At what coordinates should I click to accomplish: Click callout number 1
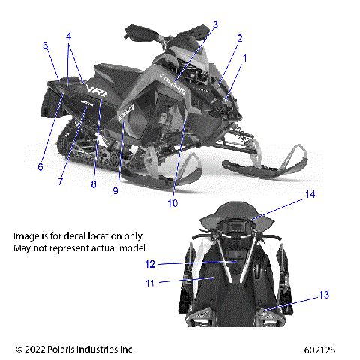[x=242, y=57]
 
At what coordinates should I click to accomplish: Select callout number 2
[x=240, y=38]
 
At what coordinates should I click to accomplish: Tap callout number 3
[x=215, y=25]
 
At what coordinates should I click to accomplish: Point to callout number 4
[x=68, y=36]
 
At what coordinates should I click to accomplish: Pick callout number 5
[x=45, y=46]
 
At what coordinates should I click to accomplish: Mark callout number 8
[x=94, y=184]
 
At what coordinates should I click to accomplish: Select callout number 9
[x=115, y=190]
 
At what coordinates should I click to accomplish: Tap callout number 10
[x=172, y=202]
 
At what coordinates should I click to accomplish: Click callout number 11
[x=149, y=283]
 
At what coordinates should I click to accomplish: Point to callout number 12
[x=150, y=263]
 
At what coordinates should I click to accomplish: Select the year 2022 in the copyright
[x=34, y=349]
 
